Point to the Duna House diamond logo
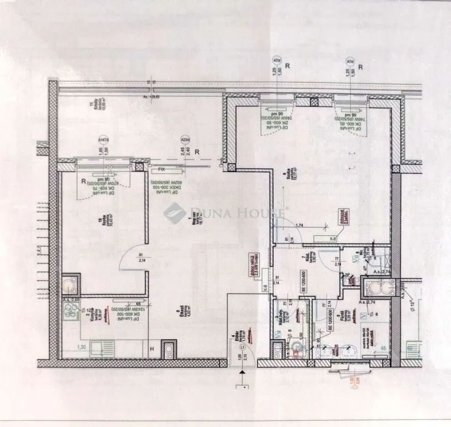click(x=175, y=212)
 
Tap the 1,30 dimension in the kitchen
click(x=68, y=347)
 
